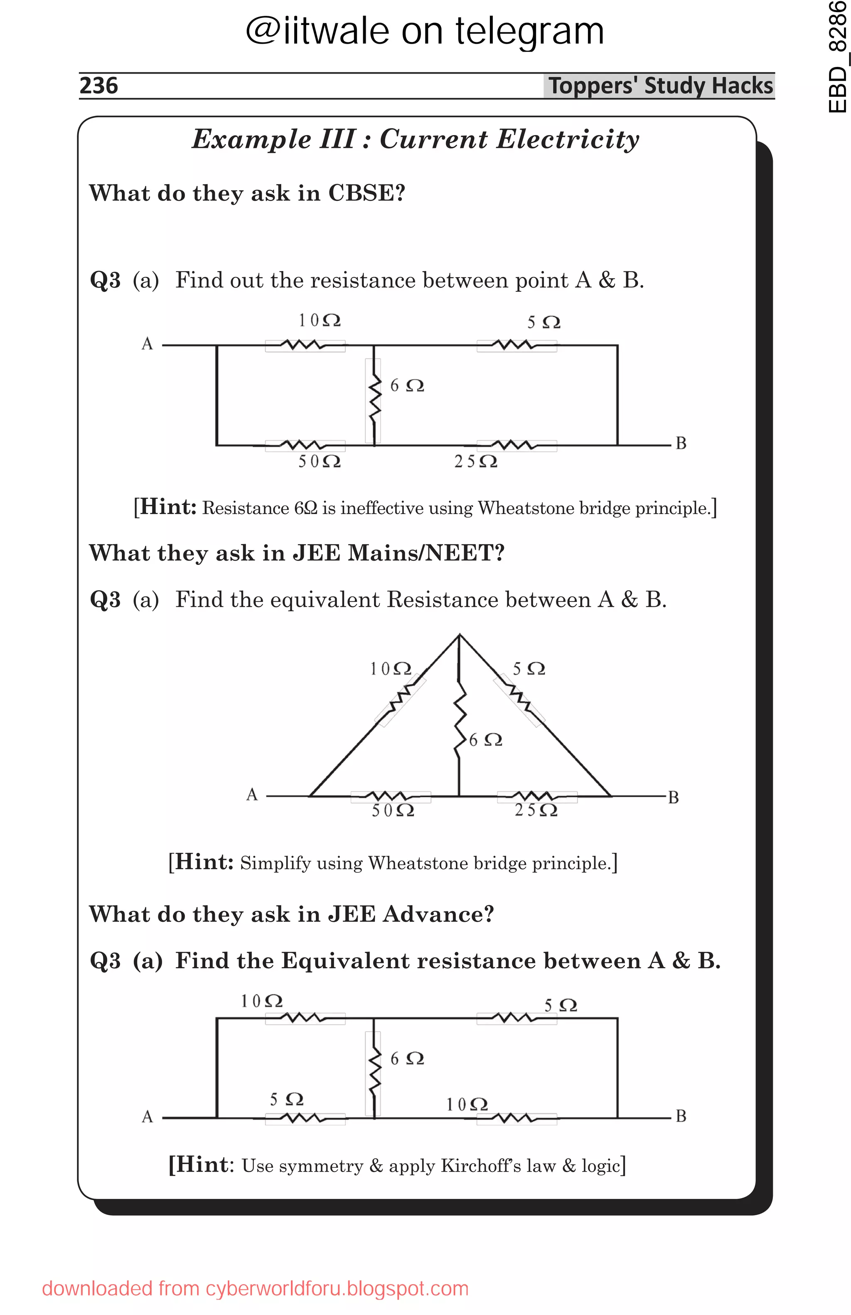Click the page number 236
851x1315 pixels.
coord(98,86)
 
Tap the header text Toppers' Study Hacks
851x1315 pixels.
coord(660,86)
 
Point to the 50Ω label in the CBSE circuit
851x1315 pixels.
coord(319,461)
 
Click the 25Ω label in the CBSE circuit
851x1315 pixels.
coord(475,461)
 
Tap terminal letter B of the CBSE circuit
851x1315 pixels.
coord(681,443)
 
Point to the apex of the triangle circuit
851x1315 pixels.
coord(459,635)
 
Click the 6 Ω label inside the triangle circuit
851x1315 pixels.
coord(485,740)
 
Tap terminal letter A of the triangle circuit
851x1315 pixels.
coord(252,795)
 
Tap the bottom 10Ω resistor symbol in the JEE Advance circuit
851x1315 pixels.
coord(517,1118)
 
